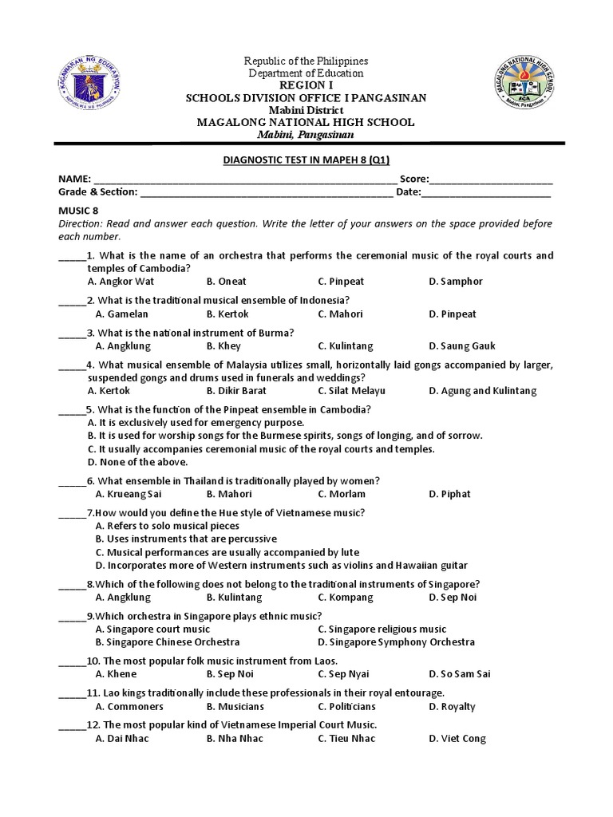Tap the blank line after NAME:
point(239,180)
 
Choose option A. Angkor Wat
point(125,282)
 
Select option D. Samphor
point(455,282)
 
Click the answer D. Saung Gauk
point(461,346)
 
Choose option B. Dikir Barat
point(236,391)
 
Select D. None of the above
point(137,462)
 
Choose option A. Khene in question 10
point(117,674)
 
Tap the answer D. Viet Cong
point(457,739)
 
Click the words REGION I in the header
point(307,85)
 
